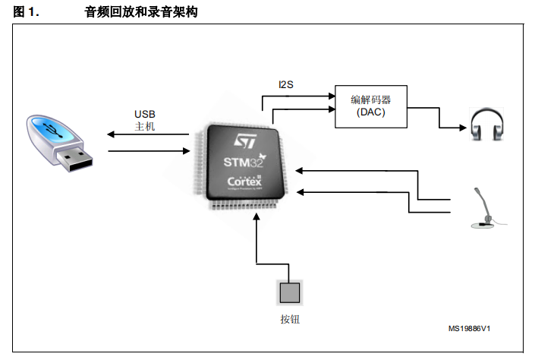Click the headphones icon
click(x=487, y=124)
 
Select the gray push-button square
click(x=290, y=292)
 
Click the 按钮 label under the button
click(x=290, y=319)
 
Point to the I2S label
click(x=286, y=84)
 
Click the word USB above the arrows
click(x=145, y=114)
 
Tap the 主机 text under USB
click(x=145, y=126)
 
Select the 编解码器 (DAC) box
click(x=371, y=106)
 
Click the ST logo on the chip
click(x=245, y=141)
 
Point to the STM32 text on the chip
click(x=244, y=162)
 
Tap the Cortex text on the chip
click(x=244, y=181)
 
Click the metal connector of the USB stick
click(x=74, y=159)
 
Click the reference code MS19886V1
click(x=469, y=329)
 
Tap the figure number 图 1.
click(x=26, y=12)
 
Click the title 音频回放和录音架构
click(x=141, y=12)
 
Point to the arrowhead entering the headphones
click(x=463, y=128)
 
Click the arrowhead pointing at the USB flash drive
click(x=111, y=134)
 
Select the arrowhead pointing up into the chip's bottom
click(x=256, y=216)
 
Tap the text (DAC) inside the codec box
click(x=371, y=112)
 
